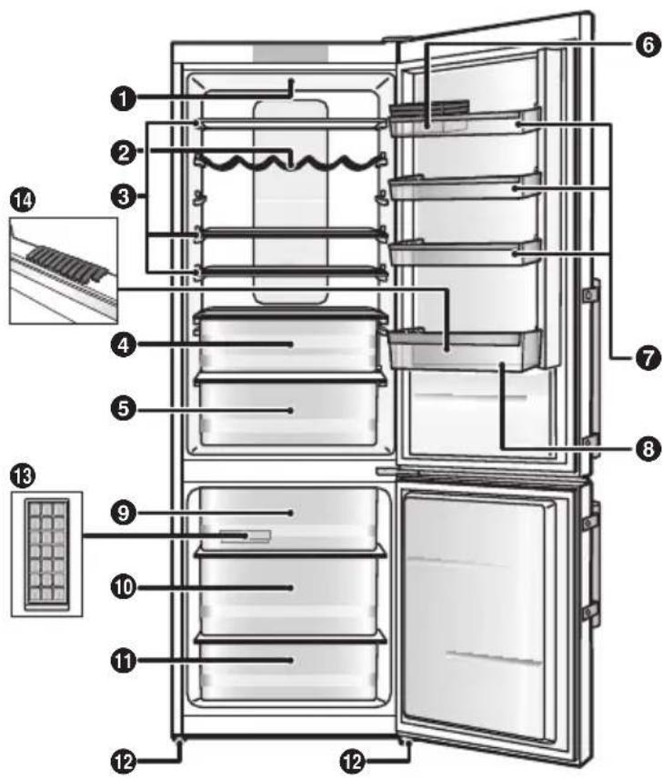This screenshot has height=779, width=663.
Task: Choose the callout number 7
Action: tap(645, 360)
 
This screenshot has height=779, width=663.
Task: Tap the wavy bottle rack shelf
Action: tap(289, 163)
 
